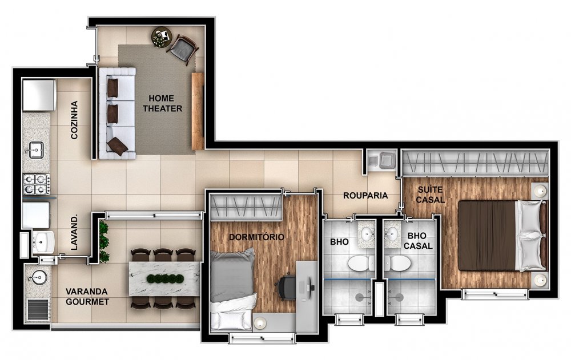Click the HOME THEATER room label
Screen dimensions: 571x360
click(x=162, y=103)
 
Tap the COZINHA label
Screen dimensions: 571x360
click(x=74, y=120)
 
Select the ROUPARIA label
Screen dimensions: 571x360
click(x=365, y=196)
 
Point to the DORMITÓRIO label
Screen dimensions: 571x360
click(x=256, y=237)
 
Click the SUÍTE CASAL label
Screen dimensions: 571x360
click(x=430, y=195)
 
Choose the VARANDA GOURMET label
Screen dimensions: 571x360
click(x=87, y=297)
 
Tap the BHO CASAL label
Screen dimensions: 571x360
click(x=418, y=241)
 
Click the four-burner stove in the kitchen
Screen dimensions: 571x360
click(x=37, y=184)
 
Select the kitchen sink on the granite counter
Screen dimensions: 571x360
click(x=37, y=149)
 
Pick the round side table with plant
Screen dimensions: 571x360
click(x=162, y=37)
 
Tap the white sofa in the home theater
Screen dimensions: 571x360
click(x=117, y=113)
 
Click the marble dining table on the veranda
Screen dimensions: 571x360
click(x=164, y=278)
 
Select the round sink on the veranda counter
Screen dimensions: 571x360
click(x=38, y=278)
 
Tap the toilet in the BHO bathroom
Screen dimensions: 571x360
click(x=361, y=263)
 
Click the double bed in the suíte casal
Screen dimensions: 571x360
click(x=502, y=236)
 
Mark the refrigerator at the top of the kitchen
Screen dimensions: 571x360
click(x=39, y=95)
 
